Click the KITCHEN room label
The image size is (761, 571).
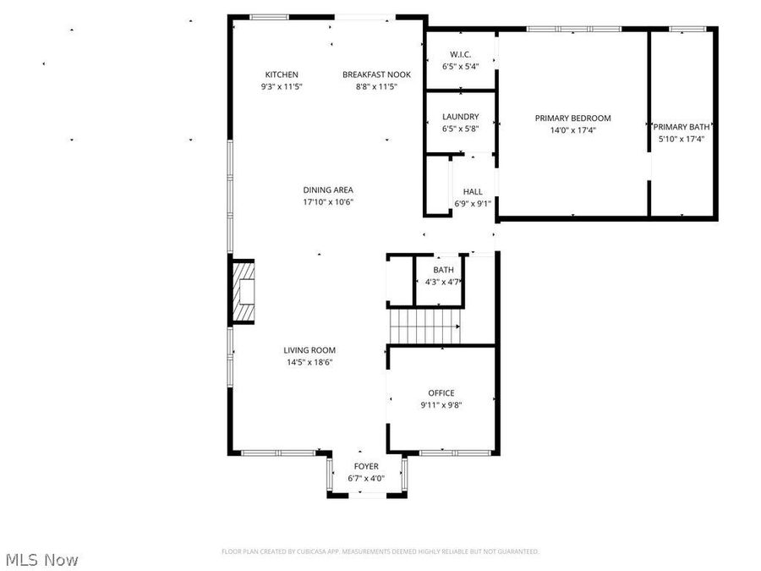click(282, 74)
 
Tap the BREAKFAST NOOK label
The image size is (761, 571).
click(376, 74)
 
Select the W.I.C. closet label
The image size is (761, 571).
click(460, 54)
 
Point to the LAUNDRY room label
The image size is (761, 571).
click(460, 117)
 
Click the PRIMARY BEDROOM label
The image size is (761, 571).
click(572, 118)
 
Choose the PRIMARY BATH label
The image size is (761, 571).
click(682, 127)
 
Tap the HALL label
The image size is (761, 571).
click(473, 192)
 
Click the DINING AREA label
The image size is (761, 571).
click(328, 190)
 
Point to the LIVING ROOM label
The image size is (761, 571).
click(309, 350)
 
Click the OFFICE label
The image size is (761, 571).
click(441, 393)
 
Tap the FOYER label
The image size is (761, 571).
click(366, 467)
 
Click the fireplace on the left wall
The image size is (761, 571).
click(244, 292)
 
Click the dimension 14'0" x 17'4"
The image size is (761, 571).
click(572, 130)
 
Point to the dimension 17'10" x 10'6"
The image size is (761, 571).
click(328, 202)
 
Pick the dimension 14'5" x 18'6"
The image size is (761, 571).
click(309, 362)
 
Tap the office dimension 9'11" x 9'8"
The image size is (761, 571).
click(441, 405)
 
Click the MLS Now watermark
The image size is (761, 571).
click(42, 559)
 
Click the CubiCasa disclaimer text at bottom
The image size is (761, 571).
click(380, 552)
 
